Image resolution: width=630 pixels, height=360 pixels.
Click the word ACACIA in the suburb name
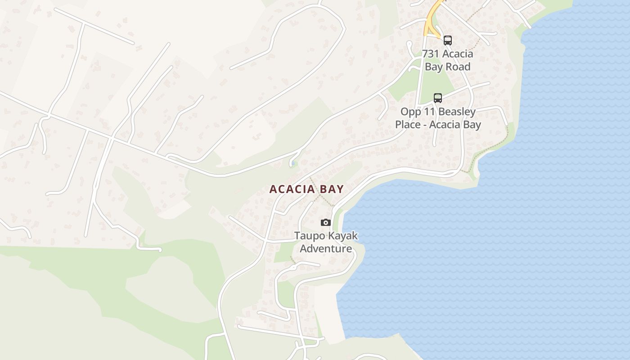pyautogui.click(x=292, y=189)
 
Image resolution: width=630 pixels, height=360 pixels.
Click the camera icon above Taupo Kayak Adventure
pyautogui.click(x=325, y=222)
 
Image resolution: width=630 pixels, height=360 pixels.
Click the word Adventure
pyautogui.click(x=326, y=248)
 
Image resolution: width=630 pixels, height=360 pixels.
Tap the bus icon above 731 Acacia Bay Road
pyautogui.click(x=447, y=40)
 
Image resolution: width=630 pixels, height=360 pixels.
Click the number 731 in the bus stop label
pyautogui.click(x=431, y=54)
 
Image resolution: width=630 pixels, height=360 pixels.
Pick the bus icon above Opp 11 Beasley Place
pyautogui.click(x=437, y=98)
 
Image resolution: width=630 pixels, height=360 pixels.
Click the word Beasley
pyautogui.click(x=457, y=112)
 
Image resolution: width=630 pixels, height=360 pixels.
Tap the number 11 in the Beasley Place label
pyautogui.click(x=431, y=112)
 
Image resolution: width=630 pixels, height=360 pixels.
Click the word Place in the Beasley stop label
pyautogui.click(x=408, y=125)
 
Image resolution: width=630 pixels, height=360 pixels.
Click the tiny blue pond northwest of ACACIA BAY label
pyautogui.click(x=293, y=163)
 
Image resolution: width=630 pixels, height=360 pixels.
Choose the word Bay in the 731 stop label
pyautogui.click(x=435, y=67)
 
